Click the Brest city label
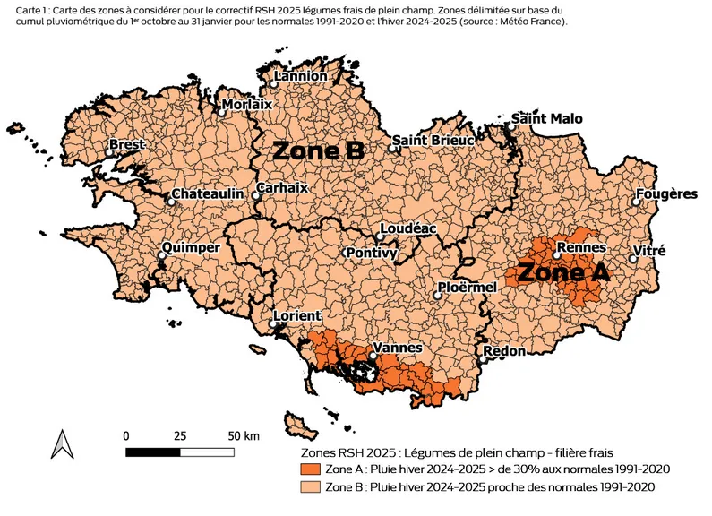point(126,144)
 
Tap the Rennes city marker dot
point(556,255)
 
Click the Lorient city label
point(297,316)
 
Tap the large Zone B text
point(318,150)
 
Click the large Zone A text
point(563,273)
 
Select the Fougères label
point(666,194)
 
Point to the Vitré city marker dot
point(633,259)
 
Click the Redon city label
point(504,351)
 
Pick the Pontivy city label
point(372,254)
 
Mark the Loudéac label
point(408,229)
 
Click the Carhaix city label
point(282,189)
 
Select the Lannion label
point(301,76)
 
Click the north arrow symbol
point(62,443)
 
